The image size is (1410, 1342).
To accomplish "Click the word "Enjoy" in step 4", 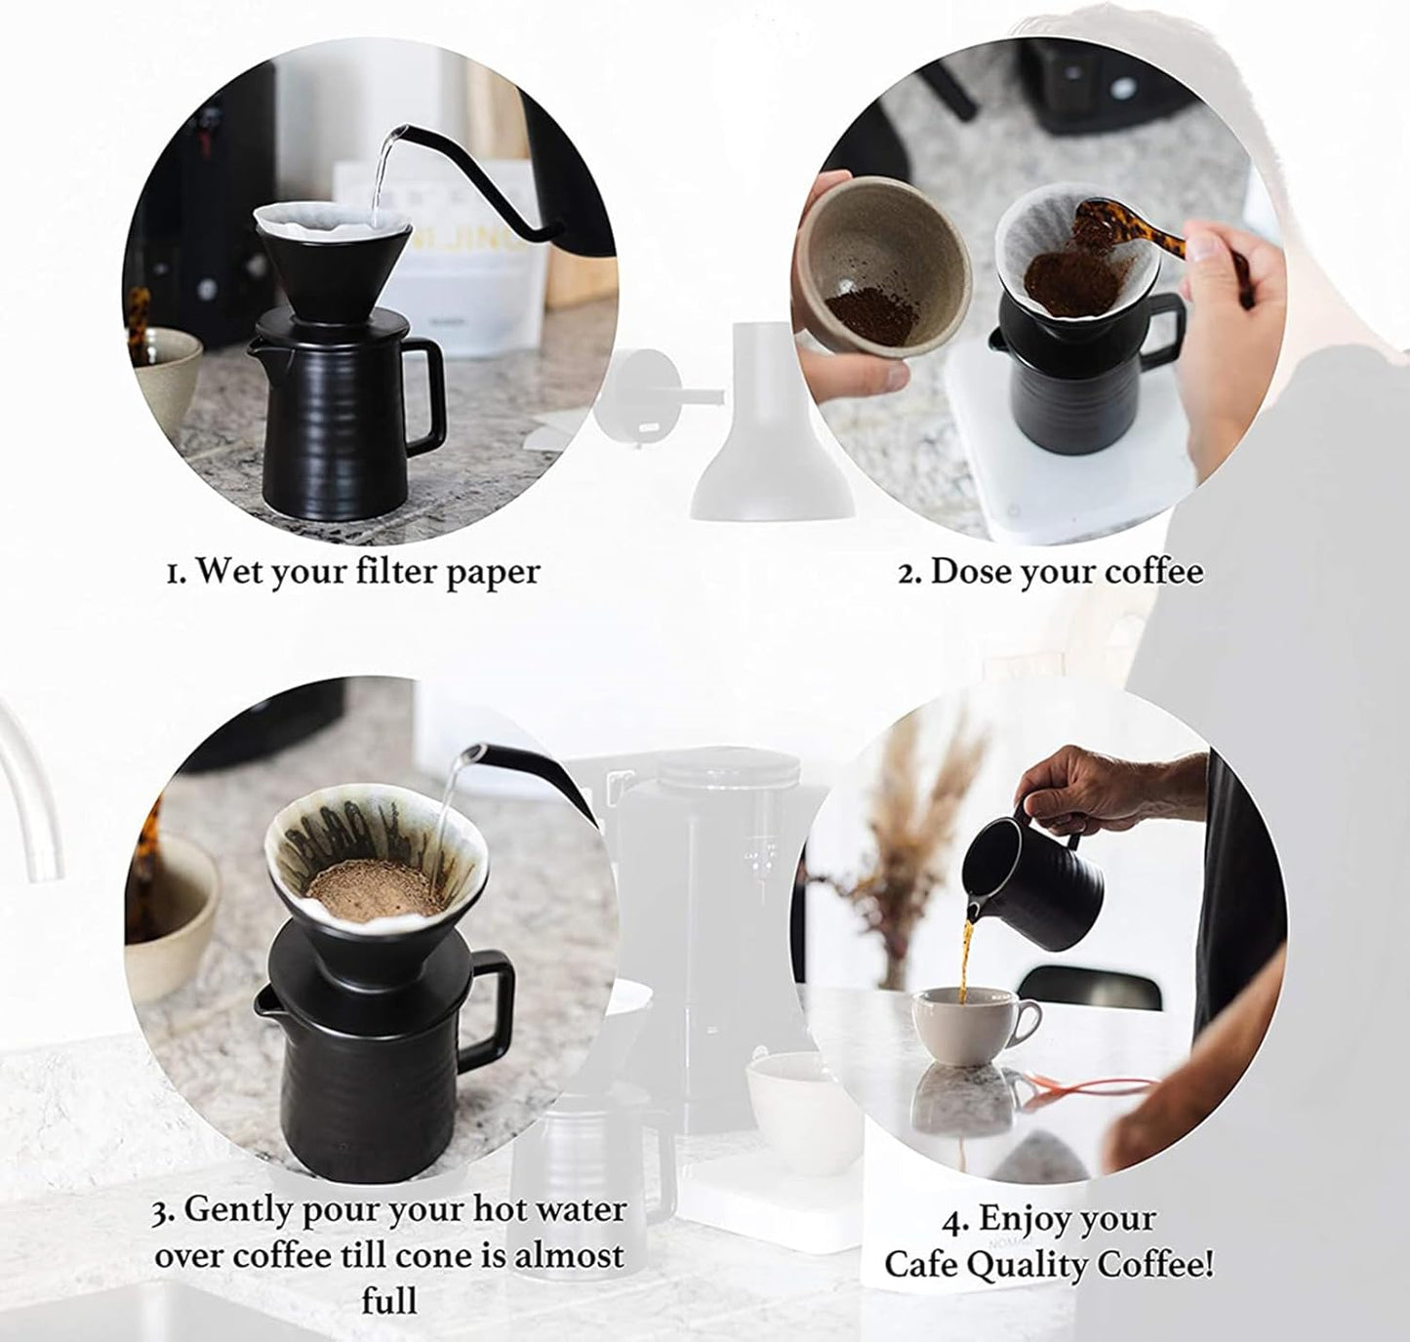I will click(1018, 1219).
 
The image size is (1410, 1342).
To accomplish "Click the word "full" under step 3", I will click(388, 1300).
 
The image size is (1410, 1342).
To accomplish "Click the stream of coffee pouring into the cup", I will click(965, 961).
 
